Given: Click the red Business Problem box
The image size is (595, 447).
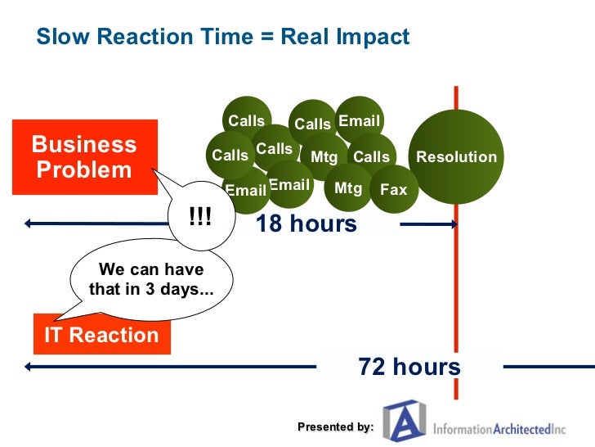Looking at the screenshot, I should coord(84,157).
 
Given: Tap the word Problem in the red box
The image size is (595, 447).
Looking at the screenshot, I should coord(84,170).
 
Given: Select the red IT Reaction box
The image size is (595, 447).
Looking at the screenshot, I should coord(101,335).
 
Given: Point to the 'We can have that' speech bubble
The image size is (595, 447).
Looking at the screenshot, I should coord(151,279).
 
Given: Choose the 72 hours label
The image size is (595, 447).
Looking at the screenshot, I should coord(409,368).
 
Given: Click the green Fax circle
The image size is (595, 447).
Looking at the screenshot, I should coord(394,190).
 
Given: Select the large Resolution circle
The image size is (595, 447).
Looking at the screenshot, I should coord(456,156).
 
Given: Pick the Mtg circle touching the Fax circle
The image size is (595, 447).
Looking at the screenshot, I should coord(349,188).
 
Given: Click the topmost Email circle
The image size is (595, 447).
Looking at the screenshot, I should coord(360,121).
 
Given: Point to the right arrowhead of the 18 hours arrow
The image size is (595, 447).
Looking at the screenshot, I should coord(454,223).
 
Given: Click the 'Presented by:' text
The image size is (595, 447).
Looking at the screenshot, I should coord(335,427).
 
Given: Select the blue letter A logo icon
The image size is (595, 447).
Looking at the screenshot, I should coord(405,422).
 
